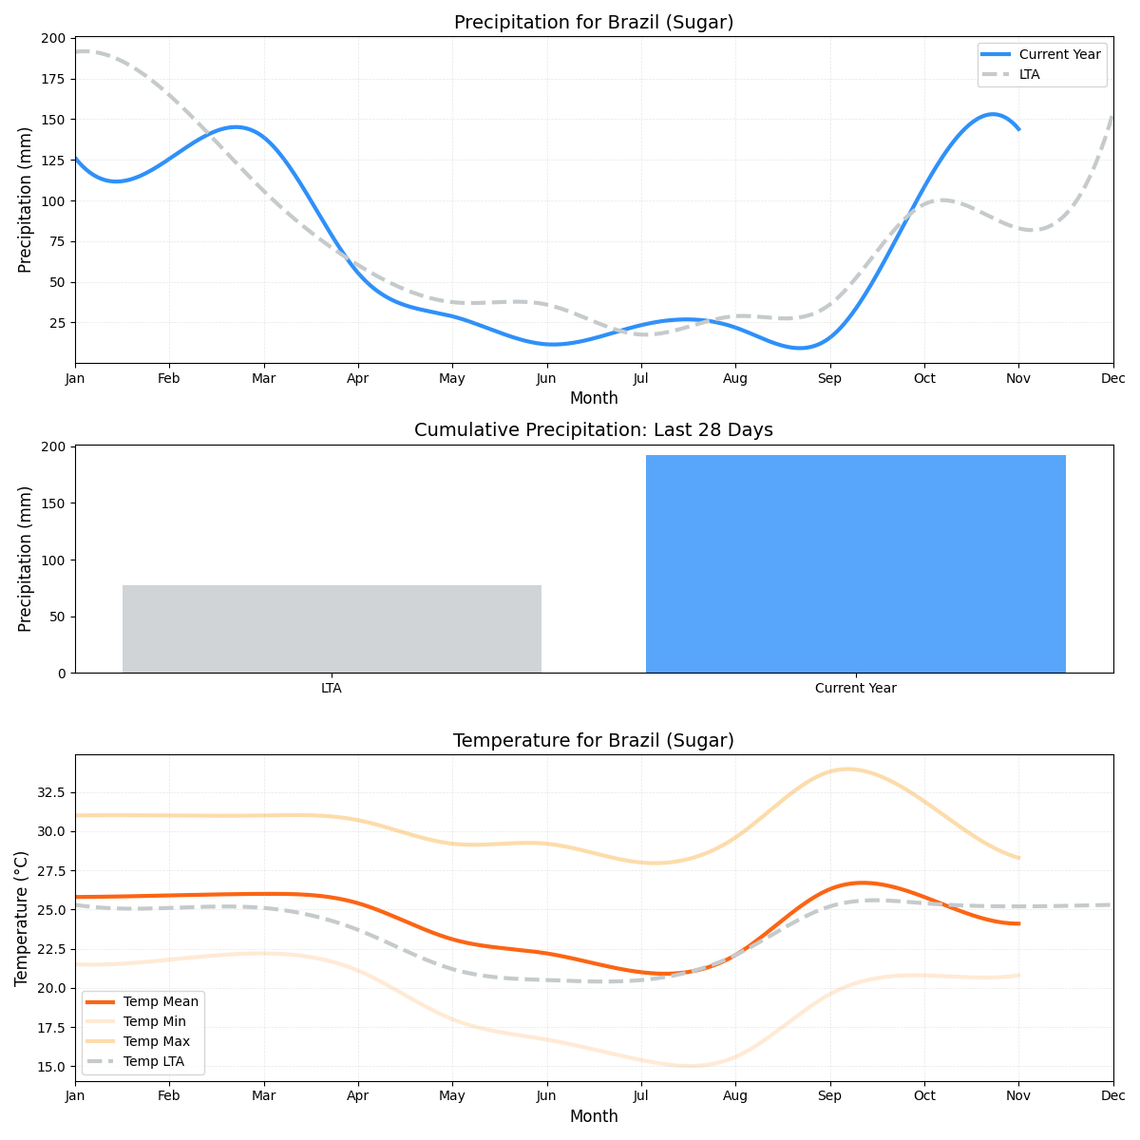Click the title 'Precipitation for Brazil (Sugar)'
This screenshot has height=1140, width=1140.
point(594,23)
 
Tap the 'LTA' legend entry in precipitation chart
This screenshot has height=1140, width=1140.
point(1029,74)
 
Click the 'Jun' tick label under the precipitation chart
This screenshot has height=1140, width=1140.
point(546,378)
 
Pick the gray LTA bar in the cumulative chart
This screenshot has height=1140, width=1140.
point(332,629)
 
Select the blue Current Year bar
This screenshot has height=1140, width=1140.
point(855,564)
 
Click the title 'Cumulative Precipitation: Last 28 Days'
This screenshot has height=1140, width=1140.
point(594,430)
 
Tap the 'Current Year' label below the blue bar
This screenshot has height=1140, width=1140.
point(855,688)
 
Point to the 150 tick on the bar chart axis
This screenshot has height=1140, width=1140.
point(56,503)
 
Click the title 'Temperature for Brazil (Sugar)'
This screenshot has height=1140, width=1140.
point(594,741)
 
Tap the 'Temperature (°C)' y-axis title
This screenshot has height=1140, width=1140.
point(22,918)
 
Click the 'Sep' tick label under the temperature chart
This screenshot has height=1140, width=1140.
point(830,1096)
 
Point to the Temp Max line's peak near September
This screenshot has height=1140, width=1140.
point(845,769)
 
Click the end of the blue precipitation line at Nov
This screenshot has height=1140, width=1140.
point(1018,129)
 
